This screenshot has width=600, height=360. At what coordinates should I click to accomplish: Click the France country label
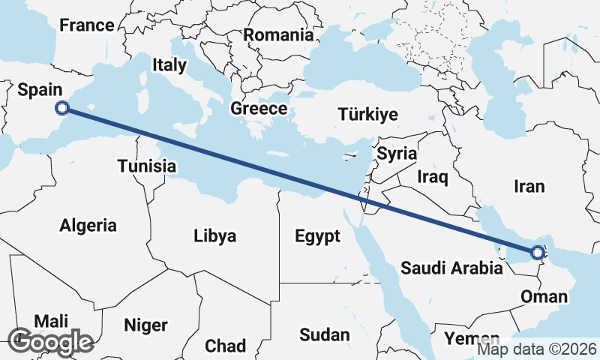click(87, 25)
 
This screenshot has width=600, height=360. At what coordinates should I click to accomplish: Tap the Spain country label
click(40, 90)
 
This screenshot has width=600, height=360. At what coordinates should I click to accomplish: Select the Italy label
click(169, 65)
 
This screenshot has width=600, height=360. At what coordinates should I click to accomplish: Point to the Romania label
click(277, 34)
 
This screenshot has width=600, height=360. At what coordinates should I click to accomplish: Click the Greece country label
click(258, 108)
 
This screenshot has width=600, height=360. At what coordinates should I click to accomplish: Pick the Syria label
click(396, 154)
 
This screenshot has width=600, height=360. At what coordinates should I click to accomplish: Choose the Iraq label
click(432, 177)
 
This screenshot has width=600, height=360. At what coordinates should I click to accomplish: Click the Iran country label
click(528, 186)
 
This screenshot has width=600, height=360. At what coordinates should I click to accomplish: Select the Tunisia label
click(147, 166)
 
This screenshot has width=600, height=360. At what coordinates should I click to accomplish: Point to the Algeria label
click(88, 225)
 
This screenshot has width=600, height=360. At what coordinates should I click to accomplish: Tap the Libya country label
click(214, 236)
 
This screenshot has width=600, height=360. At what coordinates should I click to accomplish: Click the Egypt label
click(317, 236)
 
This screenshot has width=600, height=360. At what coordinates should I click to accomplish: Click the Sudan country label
click(324, 334)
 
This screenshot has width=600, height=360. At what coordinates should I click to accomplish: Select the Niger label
click(145, 325)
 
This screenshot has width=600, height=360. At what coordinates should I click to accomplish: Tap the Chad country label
click(225, 346)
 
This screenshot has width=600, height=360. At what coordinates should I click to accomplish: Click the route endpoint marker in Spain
click(63, 109)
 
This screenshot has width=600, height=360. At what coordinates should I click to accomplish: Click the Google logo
click(50, 341)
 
